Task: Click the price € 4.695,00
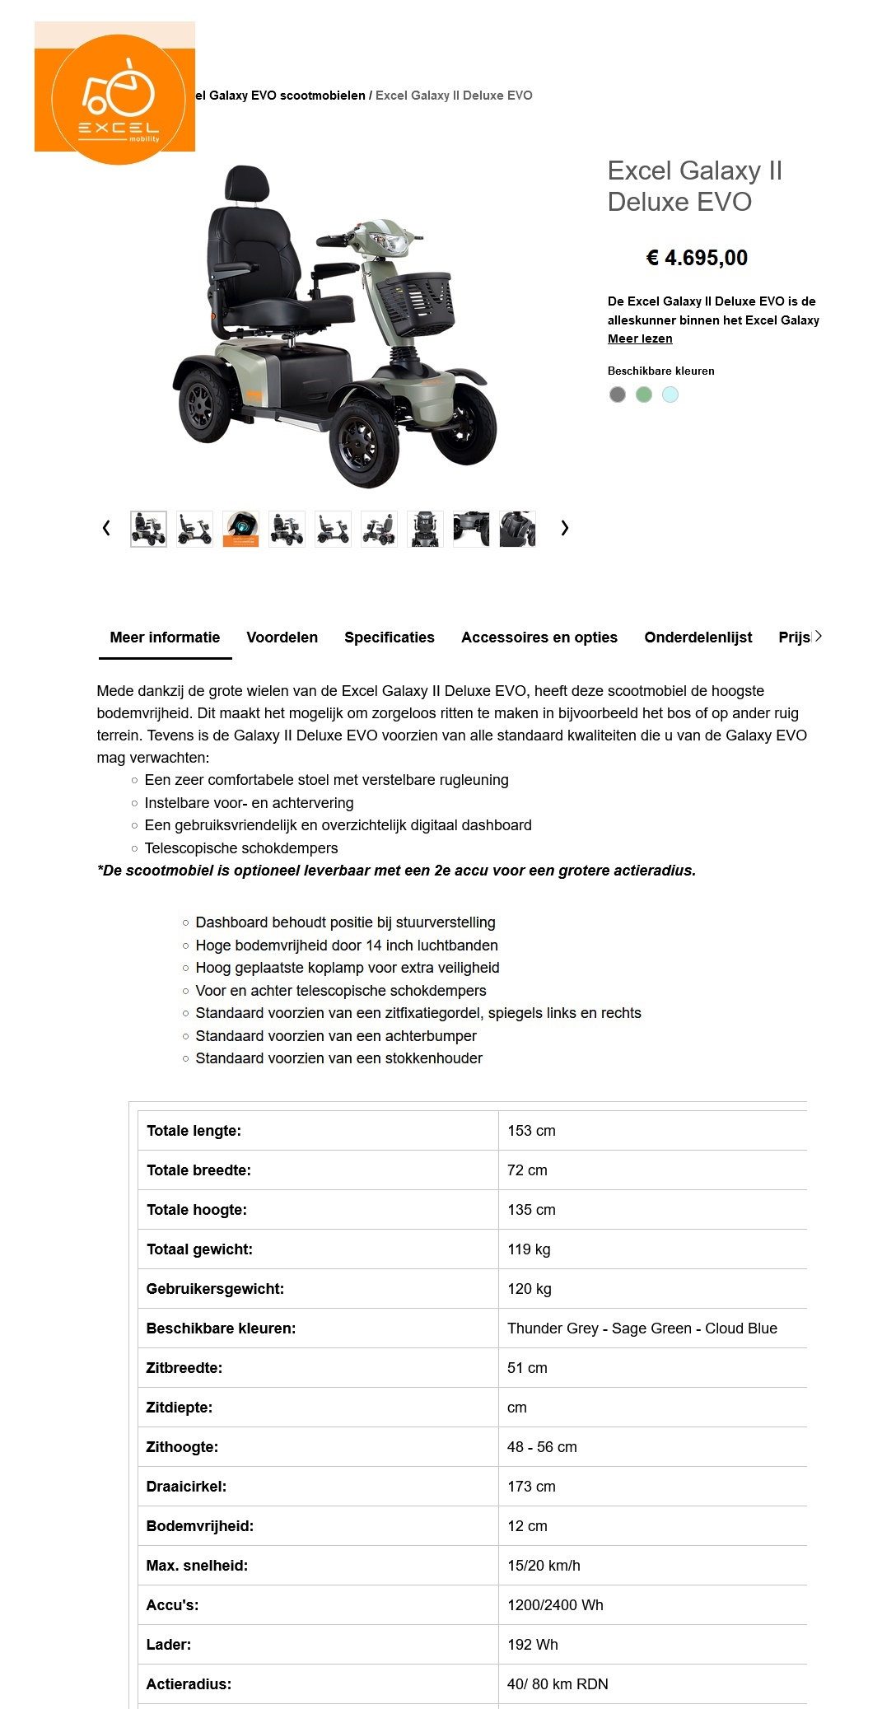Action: click(697, 258)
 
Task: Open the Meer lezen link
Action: click(640, 339)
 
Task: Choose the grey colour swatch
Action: click(617, 395)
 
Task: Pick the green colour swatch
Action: click(644, 395)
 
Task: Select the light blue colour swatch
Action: click(670, 395)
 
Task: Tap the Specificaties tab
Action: click(389, 637)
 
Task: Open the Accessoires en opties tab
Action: click(539, 637)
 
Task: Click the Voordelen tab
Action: click(282, 637)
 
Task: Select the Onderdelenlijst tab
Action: click(698, 637)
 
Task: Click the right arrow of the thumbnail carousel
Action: click(564, 528)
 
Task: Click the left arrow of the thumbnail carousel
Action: click(106, 528)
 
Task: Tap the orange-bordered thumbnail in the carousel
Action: click(240, 529)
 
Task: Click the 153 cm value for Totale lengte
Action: click(531, 1131)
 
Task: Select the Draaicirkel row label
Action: click(186, 1487)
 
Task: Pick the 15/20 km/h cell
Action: click(544, 1566)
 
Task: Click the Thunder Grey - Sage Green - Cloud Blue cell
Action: click(642, 1328)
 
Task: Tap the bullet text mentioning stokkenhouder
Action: click(338, 1058)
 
